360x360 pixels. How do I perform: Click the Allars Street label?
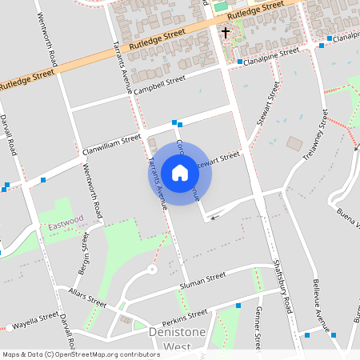(x=87, y=299)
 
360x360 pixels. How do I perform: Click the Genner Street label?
(x=258, y=328)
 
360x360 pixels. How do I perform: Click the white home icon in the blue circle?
(x=179, y=173)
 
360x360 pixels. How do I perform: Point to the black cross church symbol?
(x=226, y=34)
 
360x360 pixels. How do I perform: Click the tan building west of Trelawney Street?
(x=295, y=144)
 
